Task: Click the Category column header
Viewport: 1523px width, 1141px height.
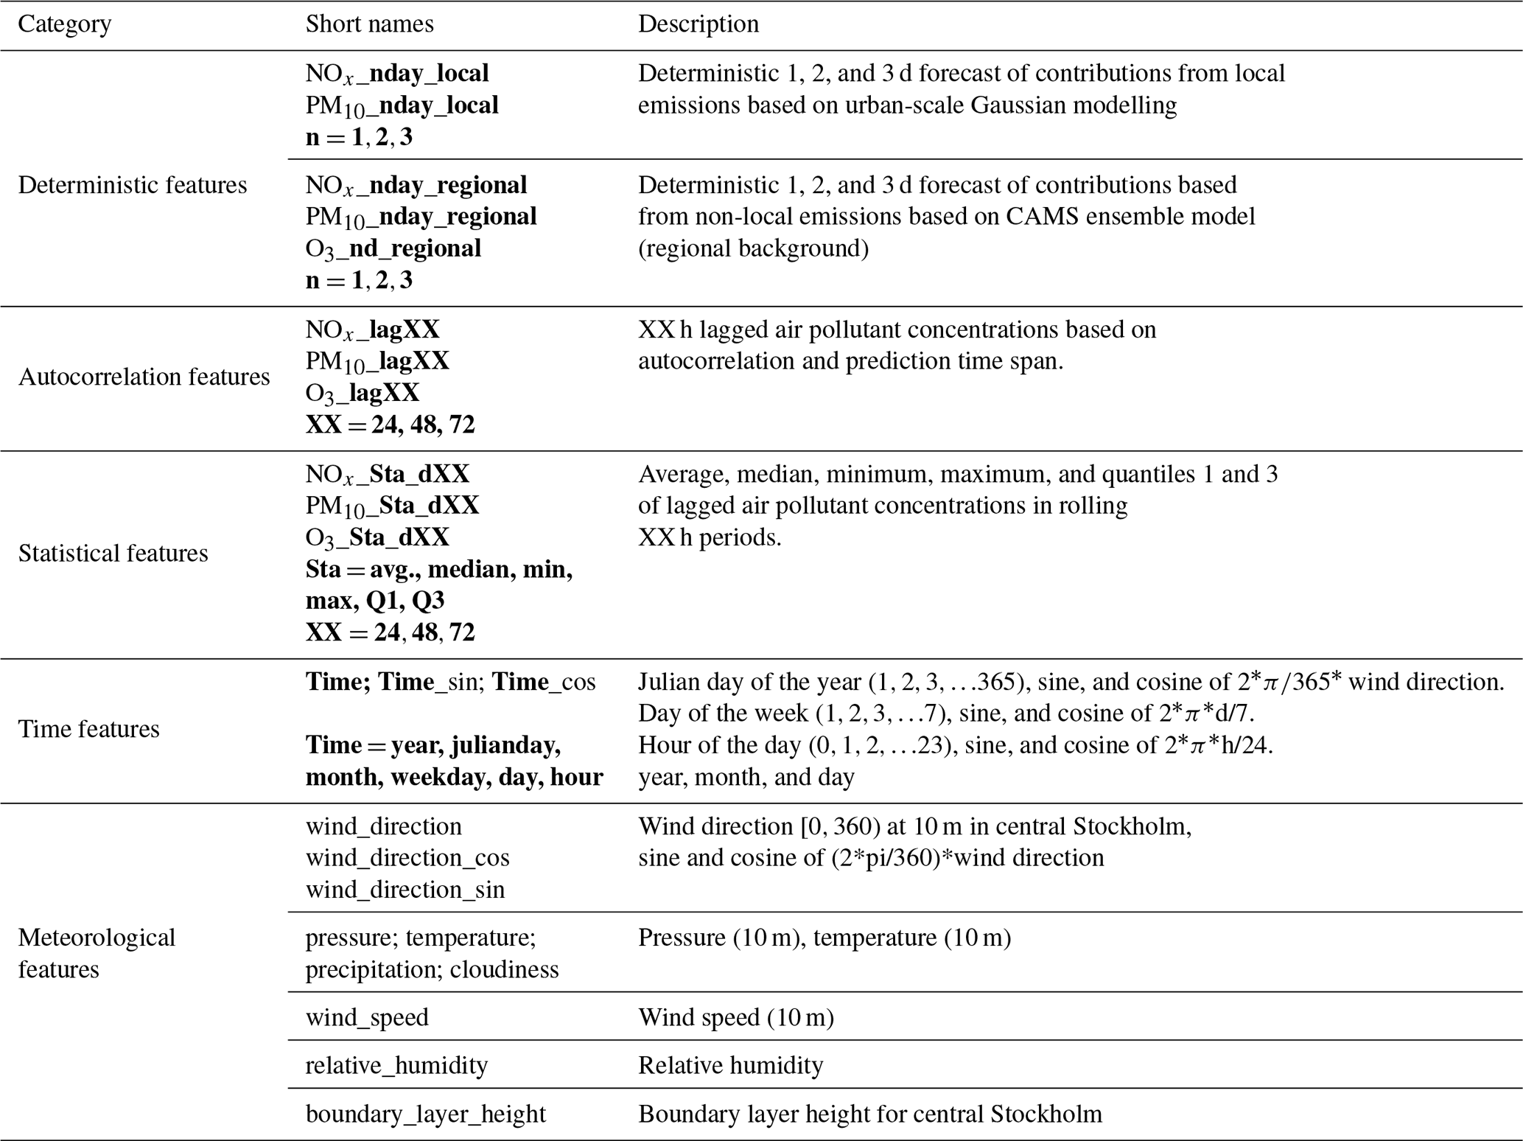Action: tap(64, 24)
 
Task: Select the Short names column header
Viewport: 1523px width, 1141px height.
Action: tap(369, 24)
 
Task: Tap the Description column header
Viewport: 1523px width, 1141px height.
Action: tap(698, 24)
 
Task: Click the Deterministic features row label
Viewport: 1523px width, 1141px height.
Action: tap(132, 185)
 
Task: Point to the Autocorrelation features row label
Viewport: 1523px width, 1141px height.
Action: tap(144, 377)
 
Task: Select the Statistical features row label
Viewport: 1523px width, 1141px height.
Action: tap(113, 554)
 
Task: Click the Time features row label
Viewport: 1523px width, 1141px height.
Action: tap(88, 729)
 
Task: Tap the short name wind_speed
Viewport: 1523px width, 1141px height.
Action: tap(367, 1017)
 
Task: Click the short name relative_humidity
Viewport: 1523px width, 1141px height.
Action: tap(396, 1065)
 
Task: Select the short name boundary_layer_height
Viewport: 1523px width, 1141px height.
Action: tap(425, 1114)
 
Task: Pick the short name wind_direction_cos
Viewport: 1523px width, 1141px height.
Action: tap(407, 858)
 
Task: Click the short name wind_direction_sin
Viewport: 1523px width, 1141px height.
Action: tap(405, 890)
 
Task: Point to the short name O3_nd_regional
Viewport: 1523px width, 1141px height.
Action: tap(393, 249)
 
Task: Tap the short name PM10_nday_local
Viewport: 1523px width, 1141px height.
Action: tap(402, 106)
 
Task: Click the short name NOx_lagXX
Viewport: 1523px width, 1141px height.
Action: tap(372, 329)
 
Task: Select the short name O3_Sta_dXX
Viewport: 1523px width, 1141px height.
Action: tap(377, 537)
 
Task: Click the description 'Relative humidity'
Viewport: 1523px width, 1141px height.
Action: tap(730, 1065)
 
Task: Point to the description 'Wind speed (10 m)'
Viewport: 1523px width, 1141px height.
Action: tap(735, 1017)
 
